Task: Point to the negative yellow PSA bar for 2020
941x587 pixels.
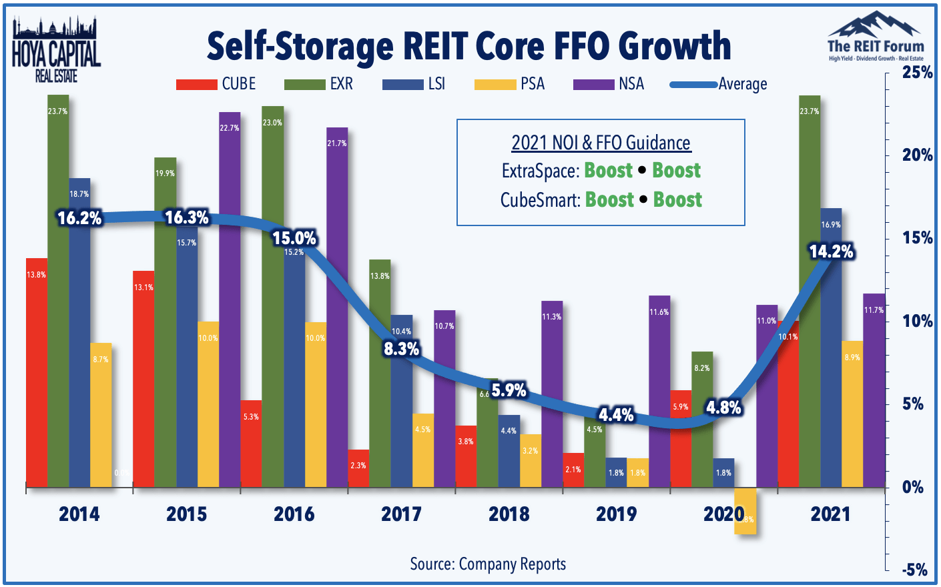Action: pyautogui.click(x=745, y=510)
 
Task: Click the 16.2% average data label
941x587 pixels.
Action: pyautogui.click(x=79, y=218)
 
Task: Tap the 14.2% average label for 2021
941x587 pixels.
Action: pyautogui.click(x=831, y=251)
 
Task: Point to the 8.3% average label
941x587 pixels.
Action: pyautogui.click(x=401, y=348)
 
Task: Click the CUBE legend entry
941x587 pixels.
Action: pyautogui.click(x=216, y=84)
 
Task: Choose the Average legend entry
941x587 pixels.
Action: pyautogui.click(x=719, y=84)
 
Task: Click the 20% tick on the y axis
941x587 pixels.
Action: pyautogui.click(x=917, y=155)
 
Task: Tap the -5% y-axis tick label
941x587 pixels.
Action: pyautogui.click(x=914, y=570)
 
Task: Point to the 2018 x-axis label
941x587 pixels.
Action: pyautogui.click(x=509, y=514)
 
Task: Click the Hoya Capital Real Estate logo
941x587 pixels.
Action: pyautogui.click(x=56, y=51)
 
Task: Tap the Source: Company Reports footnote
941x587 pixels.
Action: pyautogui.click(x=488, y=564)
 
